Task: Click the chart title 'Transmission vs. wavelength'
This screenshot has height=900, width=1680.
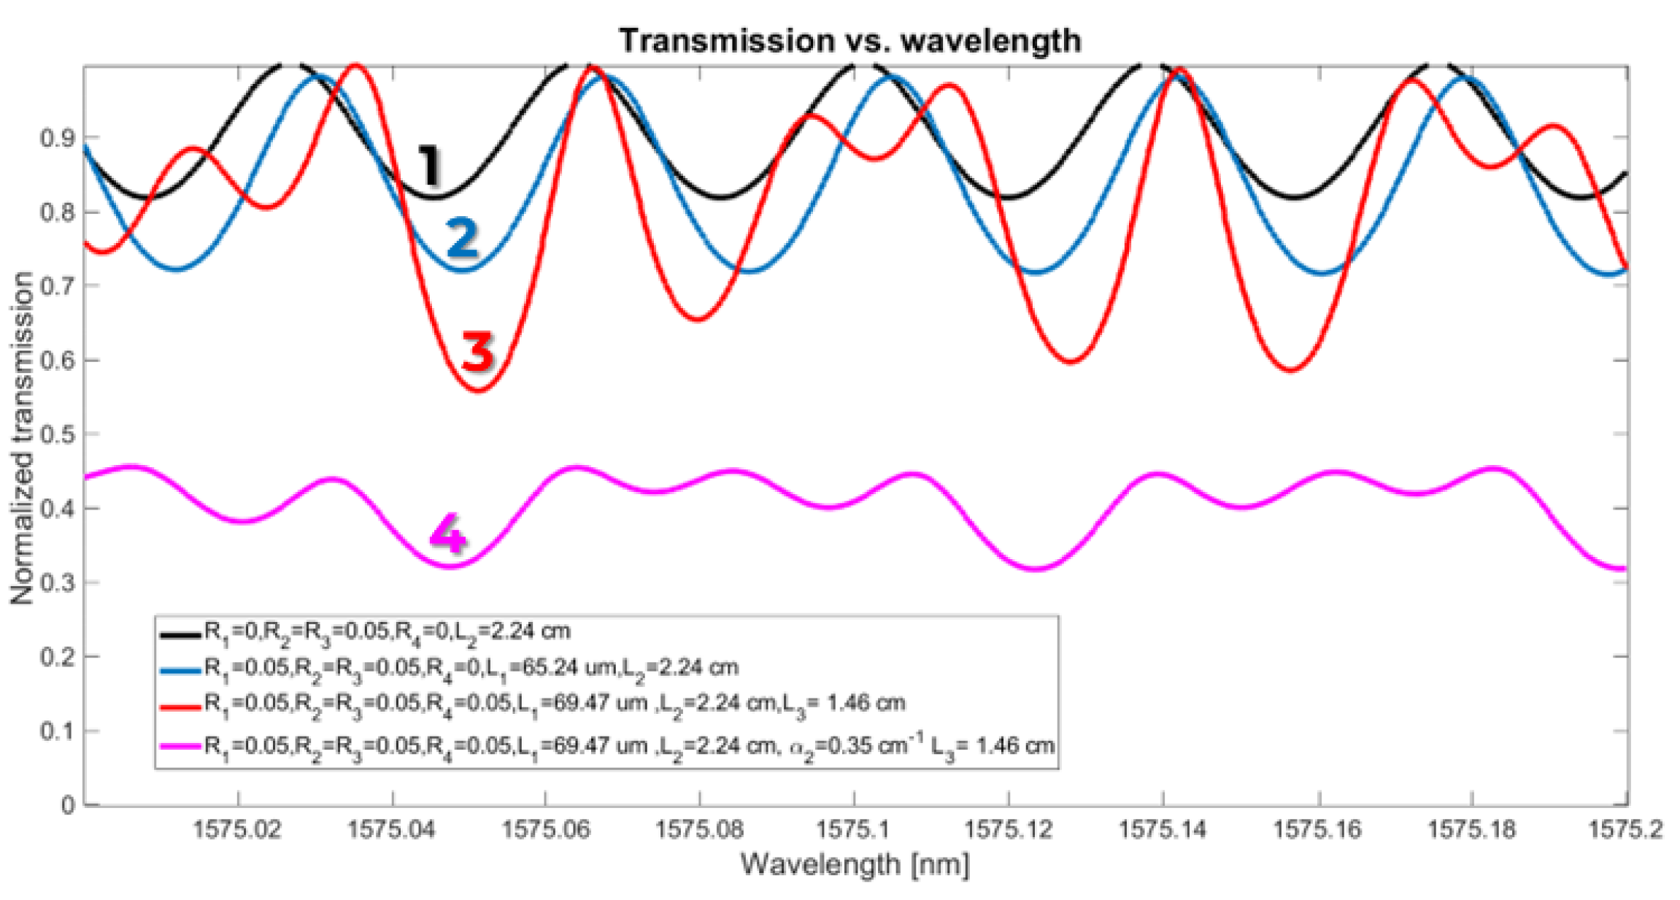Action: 849,41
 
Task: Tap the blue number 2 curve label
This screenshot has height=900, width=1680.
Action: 462,237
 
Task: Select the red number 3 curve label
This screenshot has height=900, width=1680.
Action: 478,351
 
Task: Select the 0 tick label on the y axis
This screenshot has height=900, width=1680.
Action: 68,806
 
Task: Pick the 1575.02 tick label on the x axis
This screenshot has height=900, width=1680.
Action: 237,830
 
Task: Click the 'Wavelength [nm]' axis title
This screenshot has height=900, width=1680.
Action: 855,865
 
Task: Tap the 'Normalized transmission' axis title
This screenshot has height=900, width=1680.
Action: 22,438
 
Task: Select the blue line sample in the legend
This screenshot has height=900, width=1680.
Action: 180,669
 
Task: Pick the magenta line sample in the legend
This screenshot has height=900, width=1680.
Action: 180,746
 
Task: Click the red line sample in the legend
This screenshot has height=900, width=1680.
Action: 180,706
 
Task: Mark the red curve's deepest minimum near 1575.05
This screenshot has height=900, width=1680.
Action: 478,391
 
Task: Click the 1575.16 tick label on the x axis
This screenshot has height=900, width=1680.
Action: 1317,830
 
